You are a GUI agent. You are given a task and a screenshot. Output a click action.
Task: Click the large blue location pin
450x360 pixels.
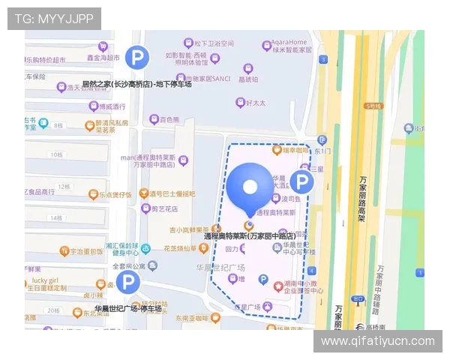pyautogui.click(x=252, y=188)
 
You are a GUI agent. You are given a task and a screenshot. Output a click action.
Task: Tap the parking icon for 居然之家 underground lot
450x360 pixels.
pyautogui.click(x=137, y=57)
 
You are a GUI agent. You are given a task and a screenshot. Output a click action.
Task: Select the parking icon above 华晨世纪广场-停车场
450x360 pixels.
pyautogui.click(x=127, y=283)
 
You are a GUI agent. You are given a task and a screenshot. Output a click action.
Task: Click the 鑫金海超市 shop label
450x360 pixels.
pyautogui.click(x=103, y=57)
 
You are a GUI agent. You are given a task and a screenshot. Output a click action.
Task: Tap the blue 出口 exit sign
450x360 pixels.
pyautogui.click(x=358, y=299)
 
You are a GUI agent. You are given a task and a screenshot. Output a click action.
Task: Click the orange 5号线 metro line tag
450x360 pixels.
pyautogui.click(x=373, y=106)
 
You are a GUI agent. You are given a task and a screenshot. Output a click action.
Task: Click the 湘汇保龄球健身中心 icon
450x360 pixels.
pyautogui.click(x=145, y=248)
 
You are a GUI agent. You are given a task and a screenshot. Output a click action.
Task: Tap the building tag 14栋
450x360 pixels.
pyautogui.click(x=55, y=217)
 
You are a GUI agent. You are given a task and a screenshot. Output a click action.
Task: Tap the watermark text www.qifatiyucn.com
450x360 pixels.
pyautogui.click(x=377, y=341)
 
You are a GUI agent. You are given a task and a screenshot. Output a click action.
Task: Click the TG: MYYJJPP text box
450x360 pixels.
pyautogui.click(x=53, y=18)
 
